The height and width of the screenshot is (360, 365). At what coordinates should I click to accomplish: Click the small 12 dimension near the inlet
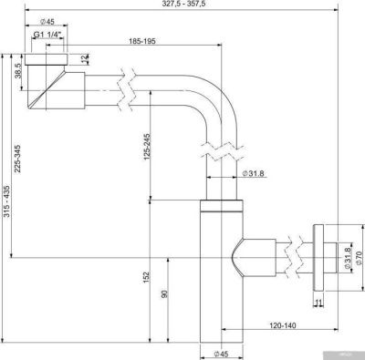tap(84, 59)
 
